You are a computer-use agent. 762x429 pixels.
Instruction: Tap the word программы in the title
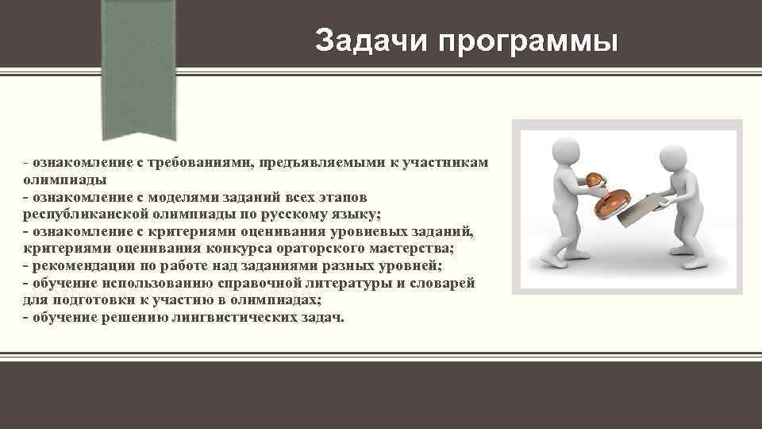pos(525,41)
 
